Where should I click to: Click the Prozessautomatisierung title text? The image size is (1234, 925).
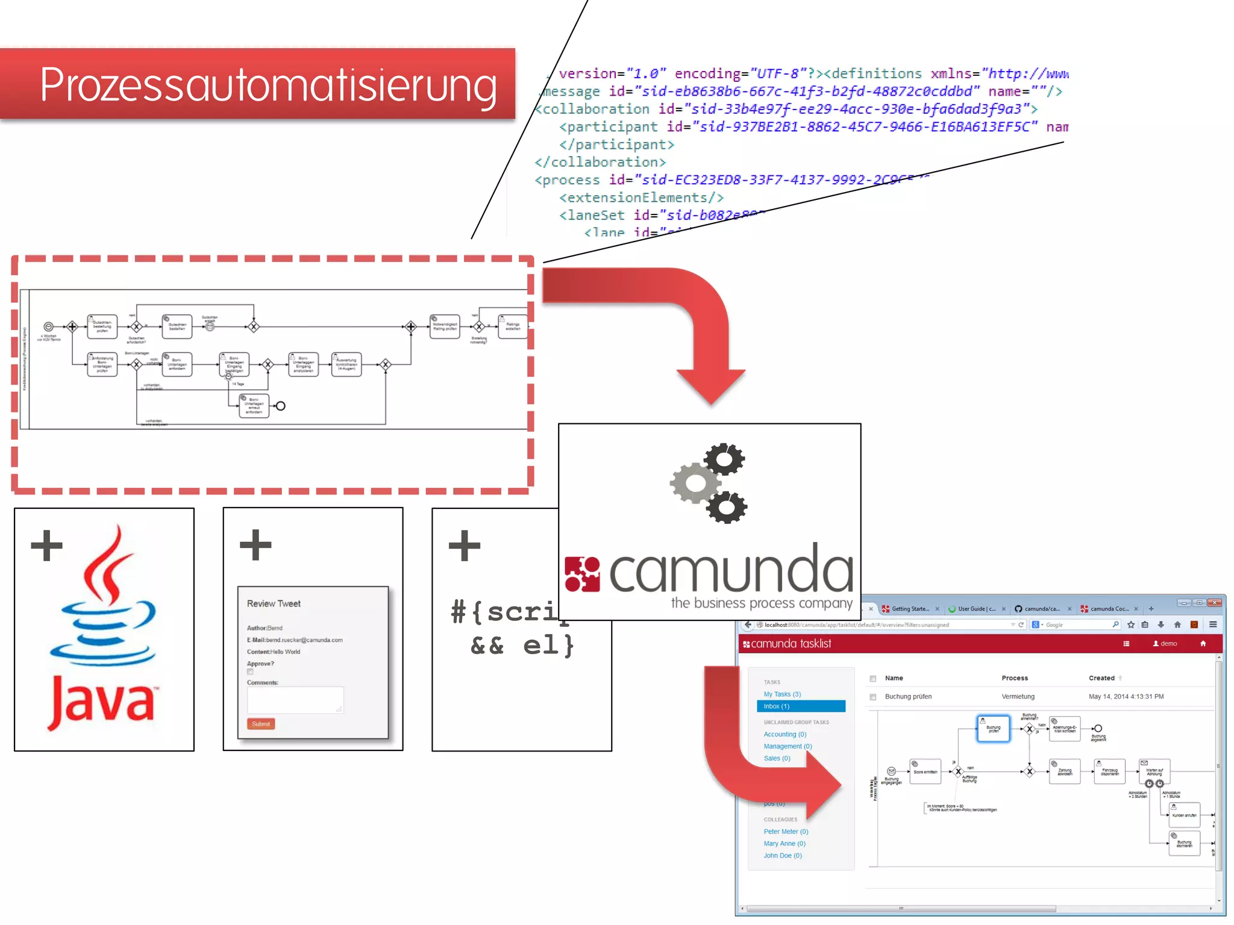pyautogui.click(x=268, y=85)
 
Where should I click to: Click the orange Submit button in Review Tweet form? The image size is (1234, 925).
pyautogui.click(x=261, y=724)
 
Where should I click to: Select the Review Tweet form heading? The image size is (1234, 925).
pyautogui.click(x=274, y=603)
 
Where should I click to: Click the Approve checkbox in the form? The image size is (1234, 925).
pyautogui.click(x=250, y=672)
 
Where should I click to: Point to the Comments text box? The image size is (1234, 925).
pyautogui.click(x=295, y=700)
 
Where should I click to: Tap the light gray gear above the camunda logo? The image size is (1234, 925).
pyautogui.click(x=695, y=483)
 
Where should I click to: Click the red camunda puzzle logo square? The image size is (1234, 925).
pyautogui.click(x=582, y=574)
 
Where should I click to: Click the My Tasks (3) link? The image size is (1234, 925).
pyautogui.click(x=782, y=694)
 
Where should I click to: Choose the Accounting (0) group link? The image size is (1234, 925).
pyautogui.click(x=785, y=734)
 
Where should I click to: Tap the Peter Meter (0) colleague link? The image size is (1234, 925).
pyautogui.click(x=786, y=832)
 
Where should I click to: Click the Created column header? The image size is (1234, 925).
pyautogui.click(x=1101, y=678)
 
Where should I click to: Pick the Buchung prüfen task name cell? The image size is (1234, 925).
pyautogui.click(x=908, y=697)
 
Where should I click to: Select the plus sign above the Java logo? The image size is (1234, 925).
pyautogui.click(x=47, y=546)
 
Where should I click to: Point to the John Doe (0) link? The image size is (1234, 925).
pyautogui.click(x=783, y=856)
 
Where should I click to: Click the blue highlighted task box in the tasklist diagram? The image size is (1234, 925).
pyautogui.click(x=993, y=729)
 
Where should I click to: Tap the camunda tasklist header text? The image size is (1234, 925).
pyautogui.click(x=791, y=644)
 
